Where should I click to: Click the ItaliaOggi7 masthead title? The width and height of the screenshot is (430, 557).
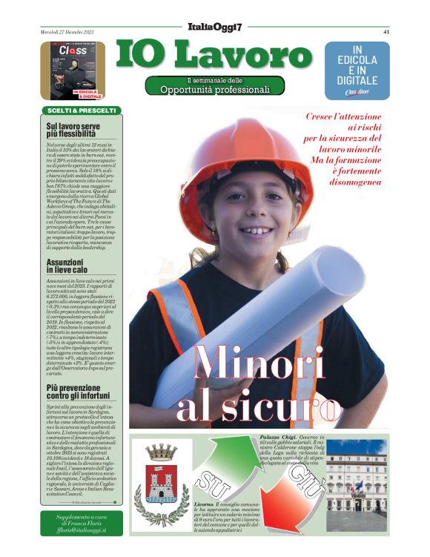(215, 27)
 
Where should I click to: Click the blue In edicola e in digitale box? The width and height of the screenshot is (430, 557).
(357, 70)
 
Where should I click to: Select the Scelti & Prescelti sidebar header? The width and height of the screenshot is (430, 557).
(82, 111)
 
